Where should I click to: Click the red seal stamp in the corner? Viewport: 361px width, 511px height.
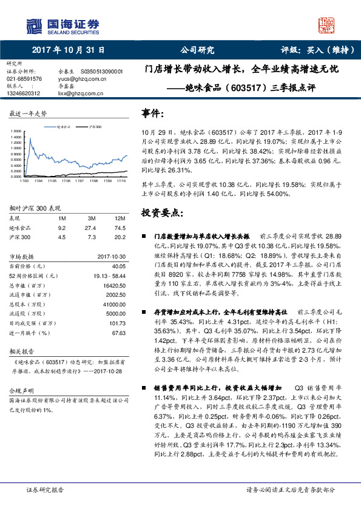coord(327,25)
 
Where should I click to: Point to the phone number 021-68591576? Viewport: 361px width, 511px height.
coord(24,79)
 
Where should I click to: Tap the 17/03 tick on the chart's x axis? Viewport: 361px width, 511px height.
coord(24,180)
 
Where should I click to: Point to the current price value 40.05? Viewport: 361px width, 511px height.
coord(118,266)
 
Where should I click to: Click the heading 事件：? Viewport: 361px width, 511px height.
coord(152,113)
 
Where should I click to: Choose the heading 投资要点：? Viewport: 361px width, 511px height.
coord(161,213)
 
